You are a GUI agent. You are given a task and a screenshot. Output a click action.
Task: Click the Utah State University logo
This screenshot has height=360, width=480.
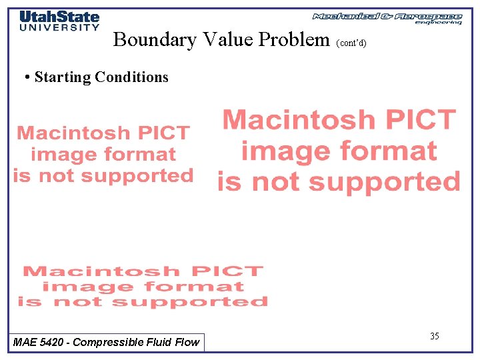point(59,21)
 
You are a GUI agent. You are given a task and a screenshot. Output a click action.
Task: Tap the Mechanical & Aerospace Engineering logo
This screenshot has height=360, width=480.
point(387,18)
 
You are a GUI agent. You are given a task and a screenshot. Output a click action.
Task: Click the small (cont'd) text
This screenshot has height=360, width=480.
point(351,43)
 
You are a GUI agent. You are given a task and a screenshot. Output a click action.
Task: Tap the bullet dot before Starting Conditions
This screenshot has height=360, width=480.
point(26,77)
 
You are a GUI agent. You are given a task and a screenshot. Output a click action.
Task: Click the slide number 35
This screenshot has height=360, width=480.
point(434,336)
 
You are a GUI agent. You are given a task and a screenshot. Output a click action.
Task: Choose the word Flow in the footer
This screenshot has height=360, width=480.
point(187,342)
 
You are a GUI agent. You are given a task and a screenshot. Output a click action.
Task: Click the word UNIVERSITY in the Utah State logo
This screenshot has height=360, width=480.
point(59,27)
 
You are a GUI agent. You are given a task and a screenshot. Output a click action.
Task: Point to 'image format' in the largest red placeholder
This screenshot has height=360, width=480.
point(339,151)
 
